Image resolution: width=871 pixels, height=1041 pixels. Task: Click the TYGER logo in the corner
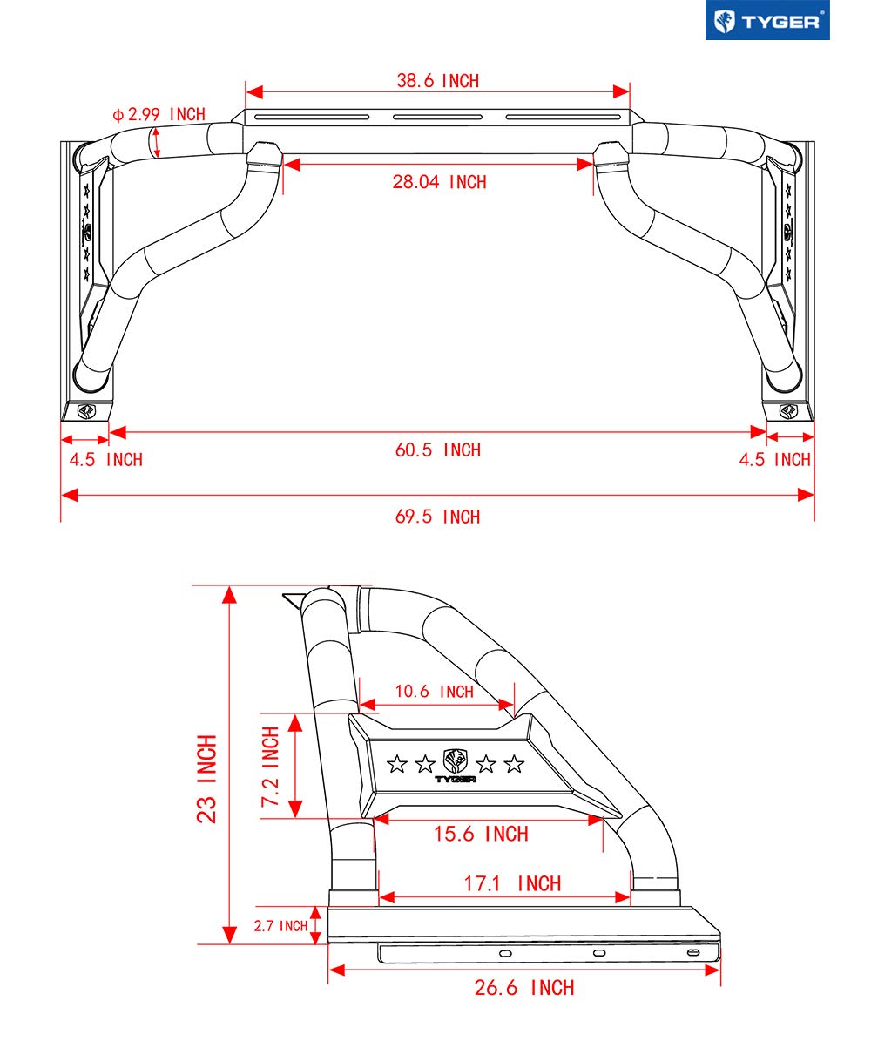(766, 21)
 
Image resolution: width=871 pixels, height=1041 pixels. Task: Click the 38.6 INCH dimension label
(438, 81)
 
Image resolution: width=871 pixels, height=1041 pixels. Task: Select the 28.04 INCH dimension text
(439, 182)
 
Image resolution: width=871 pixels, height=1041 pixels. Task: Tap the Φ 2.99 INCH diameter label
(159, 114)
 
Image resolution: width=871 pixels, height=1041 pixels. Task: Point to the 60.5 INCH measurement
(438, 450)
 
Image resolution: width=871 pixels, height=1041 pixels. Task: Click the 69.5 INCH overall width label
(438, 517)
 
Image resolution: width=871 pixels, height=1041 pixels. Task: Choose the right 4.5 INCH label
(775, 460)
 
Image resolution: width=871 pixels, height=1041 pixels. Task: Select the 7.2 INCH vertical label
(271, 766)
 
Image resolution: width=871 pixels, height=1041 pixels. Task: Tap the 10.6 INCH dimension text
(434, 692)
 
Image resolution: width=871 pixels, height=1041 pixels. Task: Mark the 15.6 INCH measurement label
(481, 835)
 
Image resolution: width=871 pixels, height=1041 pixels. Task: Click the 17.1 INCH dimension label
(512, 884)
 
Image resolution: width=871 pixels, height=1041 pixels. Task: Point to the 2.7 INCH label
(280, 926)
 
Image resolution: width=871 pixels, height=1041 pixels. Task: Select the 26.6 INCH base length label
(524, 988)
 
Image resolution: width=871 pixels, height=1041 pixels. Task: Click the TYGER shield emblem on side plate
(456, 759)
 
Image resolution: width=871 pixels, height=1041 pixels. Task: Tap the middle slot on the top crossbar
(437, 118)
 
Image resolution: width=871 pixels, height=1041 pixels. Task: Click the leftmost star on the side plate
(396, 765)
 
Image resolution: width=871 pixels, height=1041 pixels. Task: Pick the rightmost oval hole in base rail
(692, 954)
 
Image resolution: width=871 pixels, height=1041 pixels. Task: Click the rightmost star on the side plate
(515, 765)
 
